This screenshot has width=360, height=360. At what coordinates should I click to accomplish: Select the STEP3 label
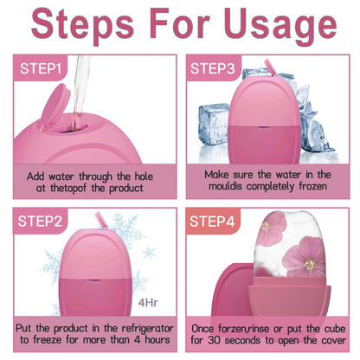pos(217,67)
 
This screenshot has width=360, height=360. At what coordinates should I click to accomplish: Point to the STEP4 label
pos(217,222)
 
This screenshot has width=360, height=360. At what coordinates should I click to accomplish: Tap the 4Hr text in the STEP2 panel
pos(150,304)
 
